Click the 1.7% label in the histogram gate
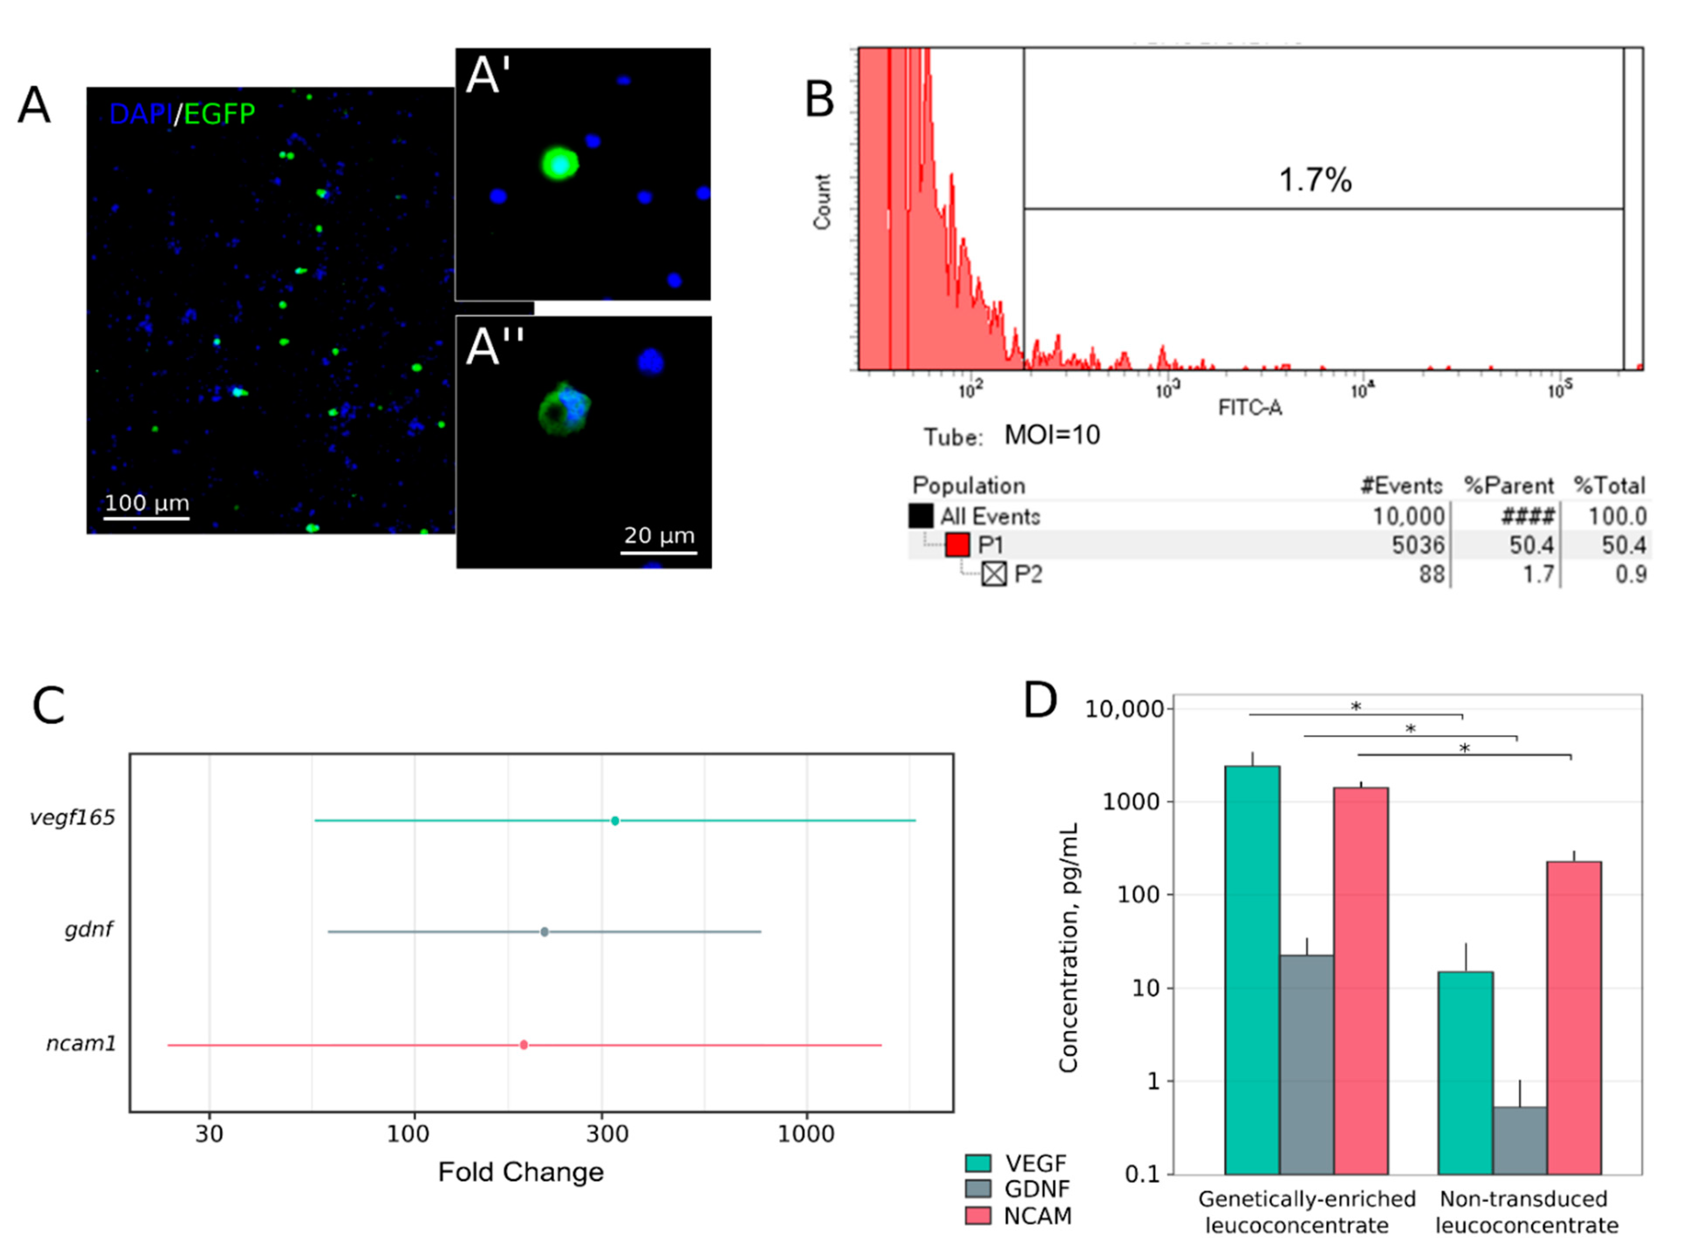pos(1315,180)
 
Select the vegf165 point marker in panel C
pos(615,821)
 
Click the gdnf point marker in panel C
pos(544,932)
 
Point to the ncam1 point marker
pos(524,1045)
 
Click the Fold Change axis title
pos(521,1171)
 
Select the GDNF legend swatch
pos(978,1188)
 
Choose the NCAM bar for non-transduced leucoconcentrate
pos(1573,1017)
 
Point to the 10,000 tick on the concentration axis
pos(1124,709)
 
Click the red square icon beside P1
pos(957,545)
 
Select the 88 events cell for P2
pos(1431,574)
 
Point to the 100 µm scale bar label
pos(147,503)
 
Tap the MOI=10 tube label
pos(1052,435)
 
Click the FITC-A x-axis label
pos(1250,409)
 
